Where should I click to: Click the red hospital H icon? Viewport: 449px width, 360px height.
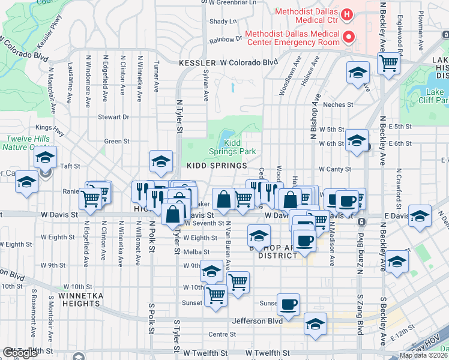coord(346,14)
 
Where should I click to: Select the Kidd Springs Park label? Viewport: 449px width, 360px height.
coord(240,148)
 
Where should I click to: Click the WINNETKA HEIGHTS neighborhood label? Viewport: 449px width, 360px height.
coord(80,299)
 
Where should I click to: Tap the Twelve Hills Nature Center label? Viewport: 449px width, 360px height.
coord(22,142)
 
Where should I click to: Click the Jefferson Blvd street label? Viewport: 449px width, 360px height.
coord(258,322)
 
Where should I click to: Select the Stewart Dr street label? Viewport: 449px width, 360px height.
coord(114,117)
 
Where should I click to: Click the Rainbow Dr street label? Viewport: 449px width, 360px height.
coord(225,40)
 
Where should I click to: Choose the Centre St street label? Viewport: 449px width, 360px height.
coord(220,334)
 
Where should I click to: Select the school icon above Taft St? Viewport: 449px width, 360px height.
coord(161,161)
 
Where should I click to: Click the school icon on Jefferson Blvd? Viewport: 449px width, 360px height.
coord(315,324)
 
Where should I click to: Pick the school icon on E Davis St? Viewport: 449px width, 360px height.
coord(420,216)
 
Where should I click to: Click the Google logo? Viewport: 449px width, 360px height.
coord(19,353)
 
